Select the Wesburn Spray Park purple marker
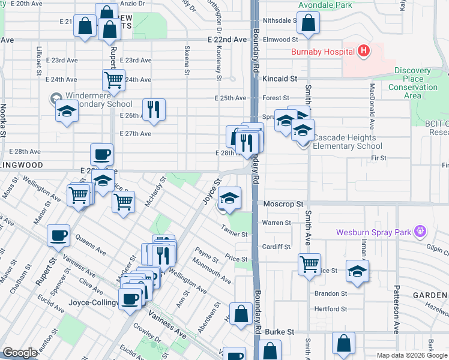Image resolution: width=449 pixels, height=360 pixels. (x=420, y=230)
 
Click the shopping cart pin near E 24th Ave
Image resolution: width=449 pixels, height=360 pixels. (x=113, y=79)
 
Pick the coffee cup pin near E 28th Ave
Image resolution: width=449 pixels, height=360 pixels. (x=102, y=154)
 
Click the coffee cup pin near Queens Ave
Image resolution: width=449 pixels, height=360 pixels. (x=59, y=235)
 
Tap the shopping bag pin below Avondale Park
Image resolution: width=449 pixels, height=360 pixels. (x=308, y=23)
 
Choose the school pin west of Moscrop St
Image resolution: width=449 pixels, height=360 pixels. (x=229, y=197)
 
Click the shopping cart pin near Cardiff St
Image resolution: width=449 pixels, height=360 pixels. (x=309, y=263)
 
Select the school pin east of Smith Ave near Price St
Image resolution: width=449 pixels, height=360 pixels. (x=358, y=271)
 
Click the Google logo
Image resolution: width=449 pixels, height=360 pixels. (x=20, y=353)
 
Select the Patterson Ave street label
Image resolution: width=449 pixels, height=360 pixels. (x=397, y=311)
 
